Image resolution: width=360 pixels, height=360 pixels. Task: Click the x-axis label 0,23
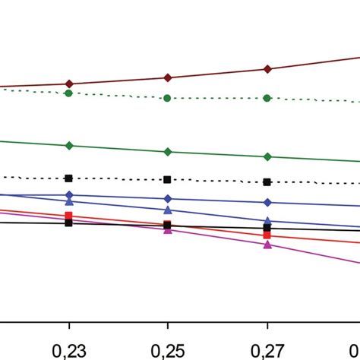tap(69, 350)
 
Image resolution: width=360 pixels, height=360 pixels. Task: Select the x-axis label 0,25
tap(168, 350)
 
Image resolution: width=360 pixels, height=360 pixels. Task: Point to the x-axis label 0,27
tap(267, 350)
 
